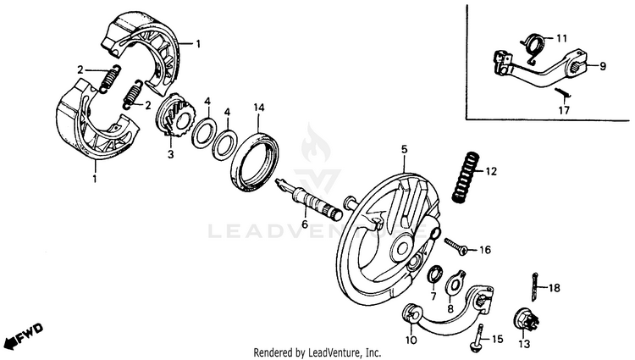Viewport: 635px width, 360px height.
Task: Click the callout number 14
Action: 259,108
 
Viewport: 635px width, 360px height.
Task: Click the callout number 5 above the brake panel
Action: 404,148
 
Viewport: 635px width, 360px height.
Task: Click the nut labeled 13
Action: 523,322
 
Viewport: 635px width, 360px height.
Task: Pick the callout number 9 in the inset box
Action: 604,65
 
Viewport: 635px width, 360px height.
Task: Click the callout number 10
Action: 411,340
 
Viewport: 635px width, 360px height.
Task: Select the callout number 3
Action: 169,154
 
